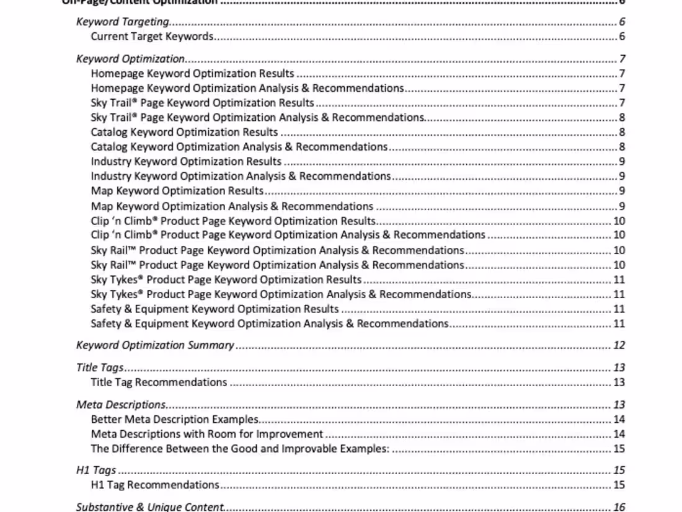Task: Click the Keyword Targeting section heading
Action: point(123,22)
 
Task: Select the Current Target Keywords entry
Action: point(152,36)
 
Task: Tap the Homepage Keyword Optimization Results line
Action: point(192,74)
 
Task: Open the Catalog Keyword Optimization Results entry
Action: point(184,132)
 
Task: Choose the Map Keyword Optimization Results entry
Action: point(177,191)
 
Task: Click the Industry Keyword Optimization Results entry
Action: point(186,162)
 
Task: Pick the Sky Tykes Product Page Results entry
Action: point(226,280)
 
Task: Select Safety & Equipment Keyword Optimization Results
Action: point(215,309)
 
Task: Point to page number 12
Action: point(619,345)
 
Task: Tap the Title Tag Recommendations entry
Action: point(159,382)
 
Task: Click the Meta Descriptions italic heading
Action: point(121,405)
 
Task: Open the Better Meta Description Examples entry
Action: point(174,420)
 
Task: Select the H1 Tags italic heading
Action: point(96,470)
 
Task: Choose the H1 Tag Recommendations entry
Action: point(155,485)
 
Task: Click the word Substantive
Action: point(102,507)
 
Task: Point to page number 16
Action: point(619,507)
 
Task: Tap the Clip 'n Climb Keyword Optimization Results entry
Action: point(233,221)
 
